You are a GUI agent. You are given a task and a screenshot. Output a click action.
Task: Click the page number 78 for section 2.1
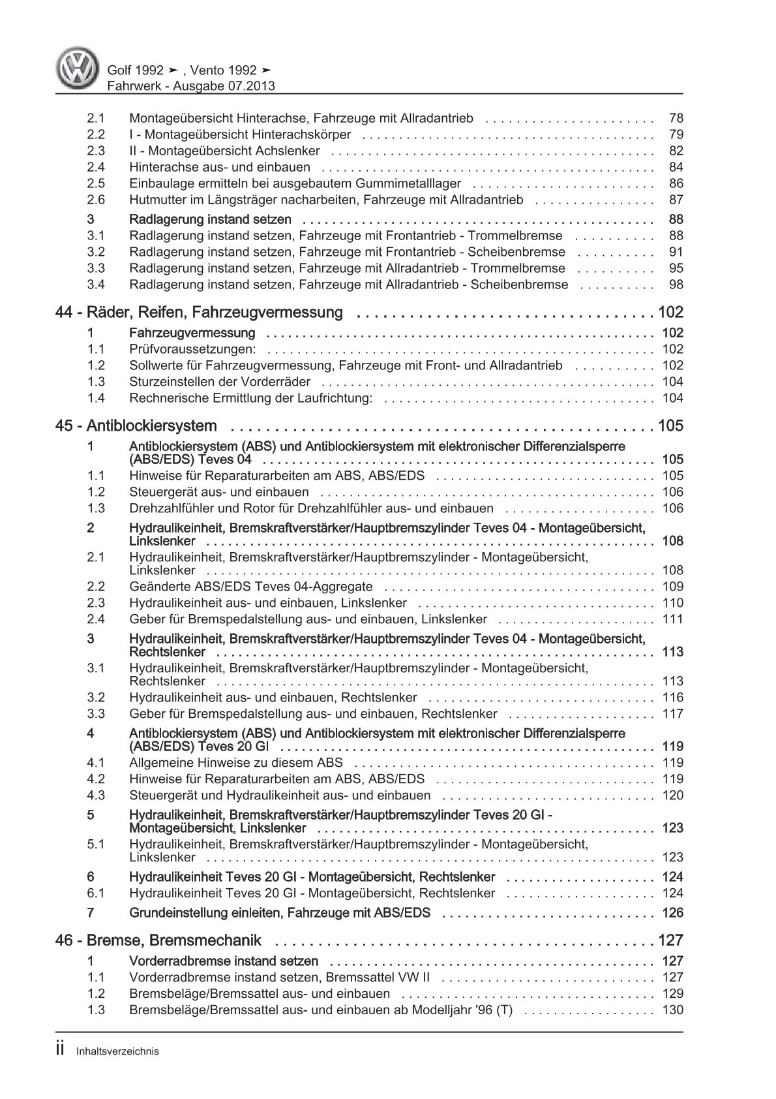click(676, 119)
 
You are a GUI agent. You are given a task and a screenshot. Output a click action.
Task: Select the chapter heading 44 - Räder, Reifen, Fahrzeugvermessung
click(199, 313)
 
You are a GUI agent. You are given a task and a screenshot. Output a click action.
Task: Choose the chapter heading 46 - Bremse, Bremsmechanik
click(158, 940)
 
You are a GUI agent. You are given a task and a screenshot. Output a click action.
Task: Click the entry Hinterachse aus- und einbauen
click(220, 168)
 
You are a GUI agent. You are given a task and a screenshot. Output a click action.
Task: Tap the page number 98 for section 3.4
click(676, 285)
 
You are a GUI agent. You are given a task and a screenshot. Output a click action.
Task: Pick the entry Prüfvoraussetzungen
click(192, 349)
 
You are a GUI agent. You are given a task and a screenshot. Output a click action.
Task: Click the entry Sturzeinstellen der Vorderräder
click(220, 382)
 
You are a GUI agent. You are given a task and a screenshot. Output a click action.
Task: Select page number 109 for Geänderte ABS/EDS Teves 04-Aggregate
click(672, 587)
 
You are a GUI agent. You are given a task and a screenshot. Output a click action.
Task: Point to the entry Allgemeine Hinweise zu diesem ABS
click(235, 763)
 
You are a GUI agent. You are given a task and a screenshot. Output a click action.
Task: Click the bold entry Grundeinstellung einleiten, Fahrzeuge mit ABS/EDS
click(280, 913)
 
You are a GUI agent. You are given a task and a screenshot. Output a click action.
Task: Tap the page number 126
click(672, 913)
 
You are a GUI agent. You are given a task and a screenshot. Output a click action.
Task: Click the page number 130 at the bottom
click(672, 1010)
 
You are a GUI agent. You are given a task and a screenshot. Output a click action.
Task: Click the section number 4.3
click(96, 796)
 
